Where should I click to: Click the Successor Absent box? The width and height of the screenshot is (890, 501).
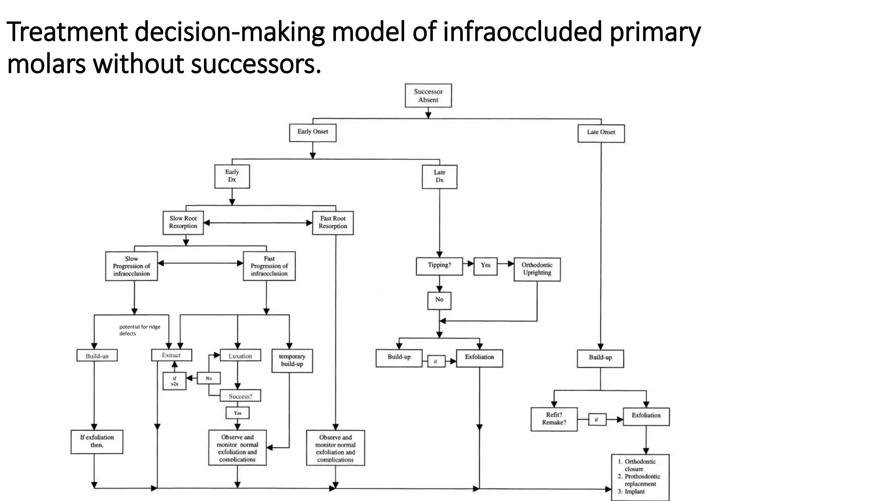pyautogui.click(x=428, y=96)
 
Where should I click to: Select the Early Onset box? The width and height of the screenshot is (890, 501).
pyautogui.click(x=312, y=132)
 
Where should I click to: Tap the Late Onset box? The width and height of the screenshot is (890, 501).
pyautogui.click(x=601, y=133)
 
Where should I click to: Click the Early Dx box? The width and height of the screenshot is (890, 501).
pyautogui.click(x=232, y=176)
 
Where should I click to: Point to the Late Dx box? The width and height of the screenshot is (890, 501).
pyautogui.click(x=439, y=177)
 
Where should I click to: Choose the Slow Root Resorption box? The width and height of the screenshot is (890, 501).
pyautogui.click(x=183, y=223)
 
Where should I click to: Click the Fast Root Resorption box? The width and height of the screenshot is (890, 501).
pyautogui.click(x=333, y=223)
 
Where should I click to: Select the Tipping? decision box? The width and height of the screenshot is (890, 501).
pyautogui.click(x=439, y=266)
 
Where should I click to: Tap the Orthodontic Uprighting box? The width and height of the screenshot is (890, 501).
pyautogui.click(x=537, y=269)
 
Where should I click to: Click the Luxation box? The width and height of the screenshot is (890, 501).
pyautogui.click(x=240, y=356)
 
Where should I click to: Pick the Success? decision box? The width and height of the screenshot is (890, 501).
pyautogui.click(x=240, y=396)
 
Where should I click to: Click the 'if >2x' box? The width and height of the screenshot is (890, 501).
pyautogui.click(x=174, y=381)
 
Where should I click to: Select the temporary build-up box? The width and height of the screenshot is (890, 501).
pyautogui.click(x=292, y=361)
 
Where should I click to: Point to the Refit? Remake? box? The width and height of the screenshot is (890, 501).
pyautogui.click(x=554, y=419)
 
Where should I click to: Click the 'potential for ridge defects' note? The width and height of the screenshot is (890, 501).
pyautogui.click(x=139, y=330)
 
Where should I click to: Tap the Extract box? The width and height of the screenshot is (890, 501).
pyautogui.click(x=171, y=355)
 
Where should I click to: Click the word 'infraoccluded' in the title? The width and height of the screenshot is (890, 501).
pyautogui.click(x=522, y=32)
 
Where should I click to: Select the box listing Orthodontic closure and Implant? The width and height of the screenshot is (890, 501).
pyautogui.click(x=640, y=477)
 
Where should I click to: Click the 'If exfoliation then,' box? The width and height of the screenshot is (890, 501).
pyautogui.click(x=97, y=441)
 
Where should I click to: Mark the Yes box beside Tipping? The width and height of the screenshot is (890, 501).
pyautogui.click(x=485, y=265)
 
